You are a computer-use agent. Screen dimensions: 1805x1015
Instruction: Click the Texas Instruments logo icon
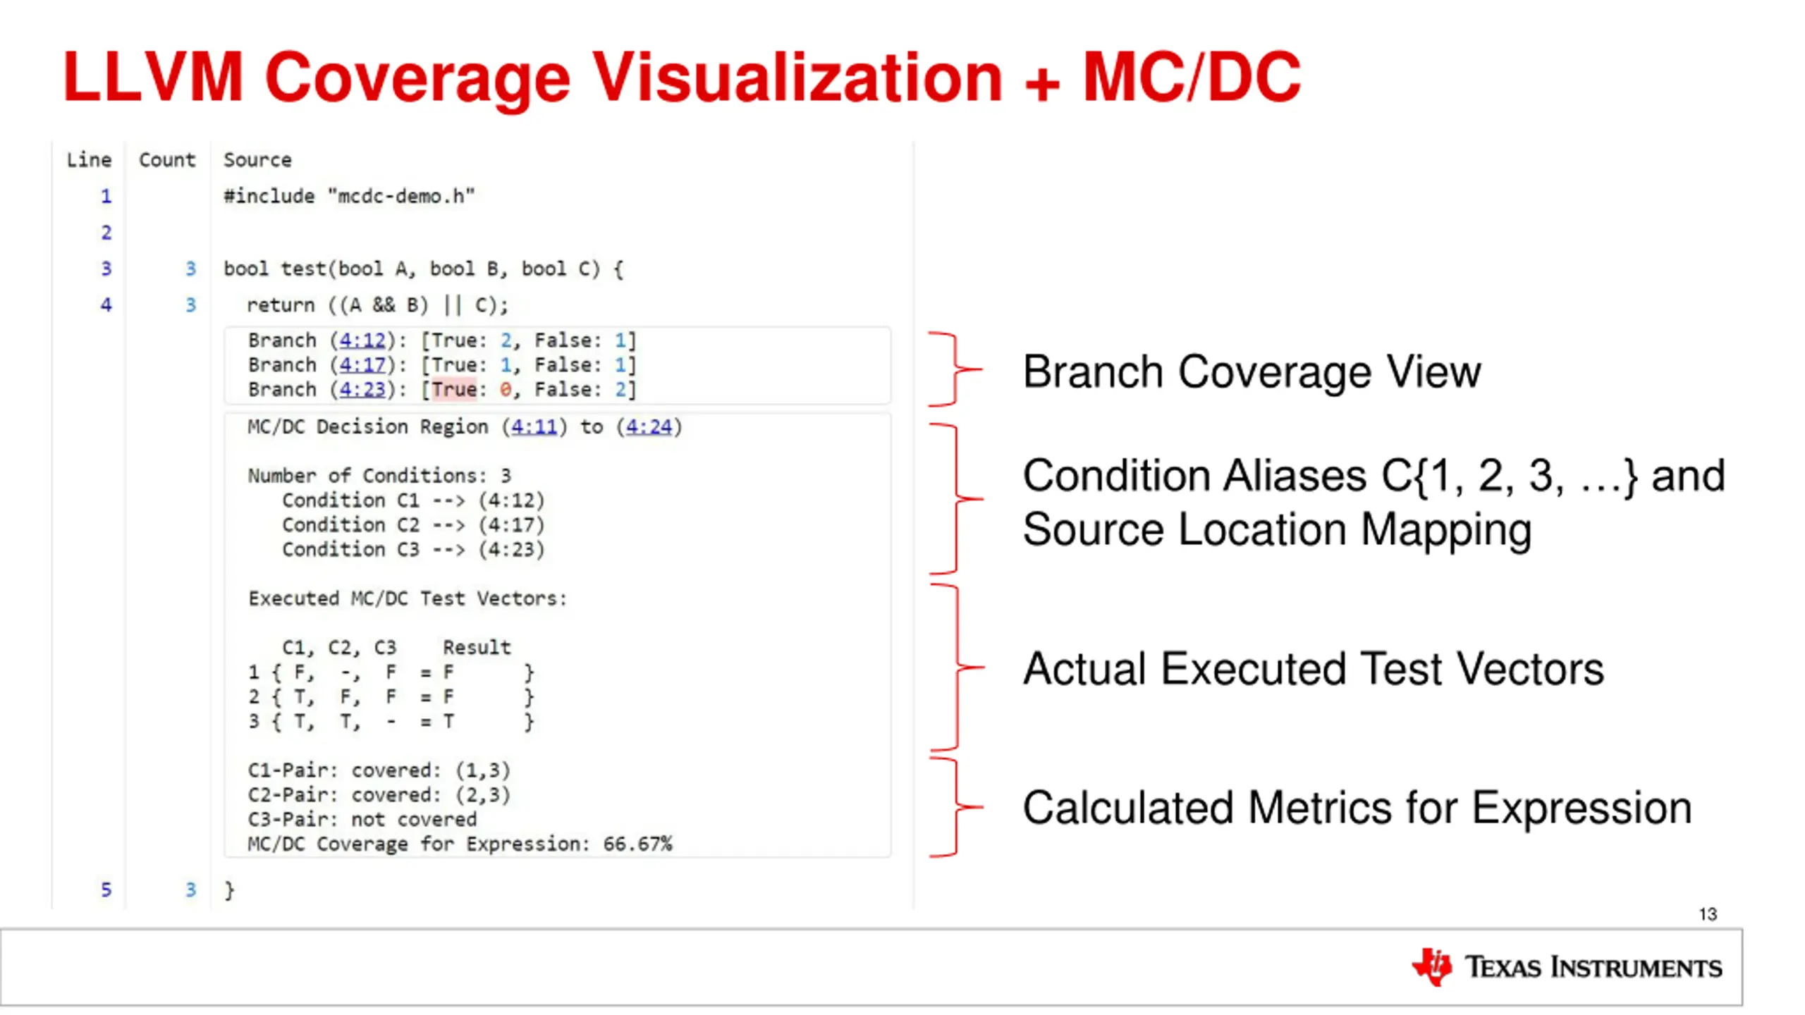[1431, 966]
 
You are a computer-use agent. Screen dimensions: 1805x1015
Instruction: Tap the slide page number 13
[1707, 914]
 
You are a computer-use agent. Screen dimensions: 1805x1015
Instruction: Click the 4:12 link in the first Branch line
[362, 340]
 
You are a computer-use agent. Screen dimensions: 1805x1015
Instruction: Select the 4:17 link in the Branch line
[362, 365]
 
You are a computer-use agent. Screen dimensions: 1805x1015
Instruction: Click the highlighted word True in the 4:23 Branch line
[454, 389]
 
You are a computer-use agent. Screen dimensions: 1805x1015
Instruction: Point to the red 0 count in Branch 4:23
[506, 389]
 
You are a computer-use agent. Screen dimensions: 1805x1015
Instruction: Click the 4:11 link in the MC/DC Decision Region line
[534, 426]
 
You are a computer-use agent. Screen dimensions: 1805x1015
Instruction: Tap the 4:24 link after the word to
[649, 426]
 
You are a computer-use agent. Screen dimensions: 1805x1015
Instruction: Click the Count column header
[167, 160]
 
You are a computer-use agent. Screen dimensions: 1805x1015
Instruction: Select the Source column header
[257, 160]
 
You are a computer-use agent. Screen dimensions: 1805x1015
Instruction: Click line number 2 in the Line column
[106, 233]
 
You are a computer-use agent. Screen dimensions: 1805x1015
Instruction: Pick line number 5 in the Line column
[106, 890]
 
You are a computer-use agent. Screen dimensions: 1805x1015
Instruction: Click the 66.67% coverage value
[637, 844]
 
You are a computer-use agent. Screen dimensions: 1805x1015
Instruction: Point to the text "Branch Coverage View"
[1252, 371]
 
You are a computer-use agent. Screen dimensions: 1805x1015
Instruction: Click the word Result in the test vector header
[477, 647]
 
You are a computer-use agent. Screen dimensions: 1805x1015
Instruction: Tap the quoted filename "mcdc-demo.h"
[401, 196]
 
